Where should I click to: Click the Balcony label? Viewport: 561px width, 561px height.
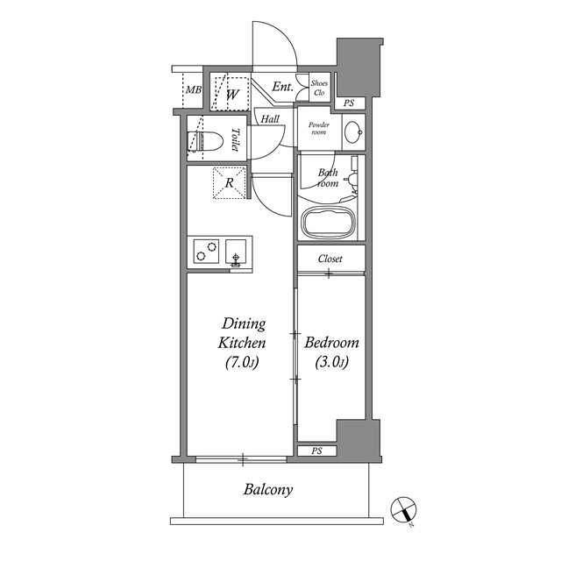tap(267, 490)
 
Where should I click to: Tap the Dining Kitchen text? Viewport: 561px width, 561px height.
tap(244, 342)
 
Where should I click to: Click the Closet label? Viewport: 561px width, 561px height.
tap(330, 259)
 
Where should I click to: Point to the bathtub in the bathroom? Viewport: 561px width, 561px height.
tap(330, 223)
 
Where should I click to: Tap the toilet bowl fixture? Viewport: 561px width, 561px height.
tap(203, 140)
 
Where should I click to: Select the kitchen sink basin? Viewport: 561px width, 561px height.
tap(236, 251)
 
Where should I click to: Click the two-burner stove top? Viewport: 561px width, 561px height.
tap(207, 251)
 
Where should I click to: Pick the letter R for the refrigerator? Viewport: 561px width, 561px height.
tap(229, 183)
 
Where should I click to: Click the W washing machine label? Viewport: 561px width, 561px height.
tap(232, 93)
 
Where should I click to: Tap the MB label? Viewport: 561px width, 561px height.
tap(193, 90)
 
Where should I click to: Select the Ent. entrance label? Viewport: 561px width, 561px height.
tap(282, 87)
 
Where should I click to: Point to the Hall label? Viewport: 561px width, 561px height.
tap(269, 118)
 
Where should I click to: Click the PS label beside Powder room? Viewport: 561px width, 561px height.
tap(348, 103)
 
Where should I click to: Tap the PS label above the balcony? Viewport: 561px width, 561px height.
tap(316, 451)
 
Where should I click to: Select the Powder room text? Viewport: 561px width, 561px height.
tap(317, 130)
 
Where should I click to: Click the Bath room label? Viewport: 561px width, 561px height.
tap(328, 178)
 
